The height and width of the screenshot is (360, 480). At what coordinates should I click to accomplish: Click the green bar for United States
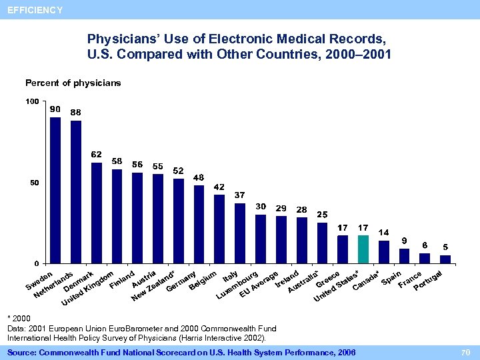(x=363, y=249)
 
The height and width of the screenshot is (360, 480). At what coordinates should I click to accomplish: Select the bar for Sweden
(x=55, y=190)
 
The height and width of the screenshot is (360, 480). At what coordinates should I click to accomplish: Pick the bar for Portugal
(x=445, y=259)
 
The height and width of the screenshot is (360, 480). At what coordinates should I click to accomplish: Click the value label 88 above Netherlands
(x=75, y=112)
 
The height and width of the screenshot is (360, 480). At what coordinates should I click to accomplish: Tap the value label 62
(x=96, y=154)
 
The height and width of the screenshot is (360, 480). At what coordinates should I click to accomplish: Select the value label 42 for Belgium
(x=219, y=187)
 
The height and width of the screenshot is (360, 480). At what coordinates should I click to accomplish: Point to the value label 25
(x=322, y=214)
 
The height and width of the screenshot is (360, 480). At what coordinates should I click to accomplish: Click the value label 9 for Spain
(x=404, y=240)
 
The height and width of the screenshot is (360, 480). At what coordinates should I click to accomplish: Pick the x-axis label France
(x=409, y=280)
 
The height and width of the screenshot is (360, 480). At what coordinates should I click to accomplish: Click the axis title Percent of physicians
(x=73, y=83)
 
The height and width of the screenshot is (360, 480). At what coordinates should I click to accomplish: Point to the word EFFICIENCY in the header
(x=35, y=10)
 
